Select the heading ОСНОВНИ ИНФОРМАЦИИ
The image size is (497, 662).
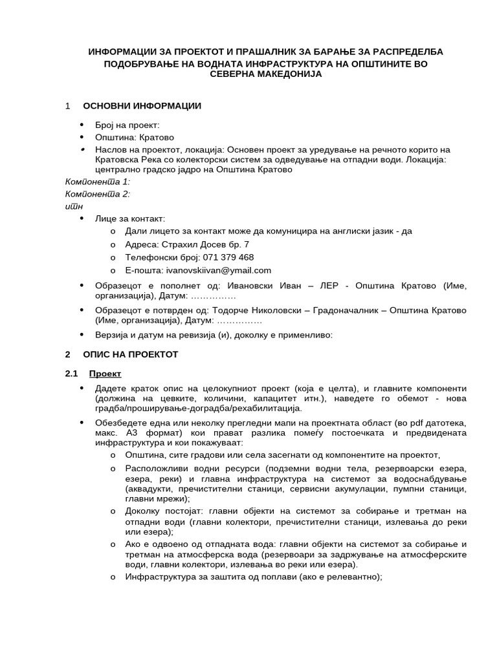(142, 105)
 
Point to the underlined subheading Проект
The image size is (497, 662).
(105, 374)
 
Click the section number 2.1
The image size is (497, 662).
(71, 374)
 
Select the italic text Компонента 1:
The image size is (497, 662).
(98, 182)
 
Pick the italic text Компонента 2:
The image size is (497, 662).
(98, 194)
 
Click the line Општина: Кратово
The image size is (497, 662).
(134, 137)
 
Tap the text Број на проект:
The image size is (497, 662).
(127, 125)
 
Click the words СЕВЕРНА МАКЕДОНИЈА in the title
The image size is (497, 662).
(266, 74)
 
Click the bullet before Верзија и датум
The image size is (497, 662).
(82, 335)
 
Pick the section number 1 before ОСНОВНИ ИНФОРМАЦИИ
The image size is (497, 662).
(67, 105)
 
